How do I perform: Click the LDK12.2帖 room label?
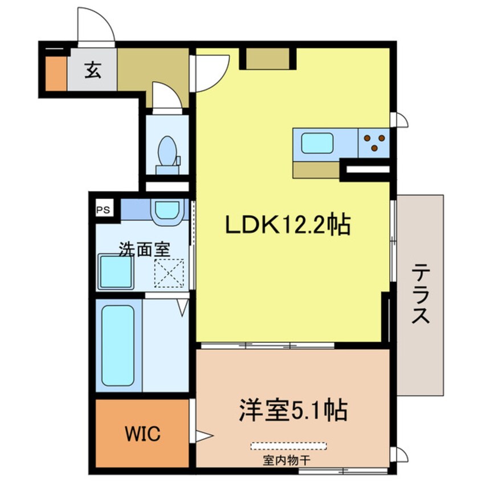coord(288,224)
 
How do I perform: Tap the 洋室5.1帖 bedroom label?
coord(293,410)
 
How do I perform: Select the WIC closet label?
coord(142,434)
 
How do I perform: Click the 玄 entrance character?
coord(92,70)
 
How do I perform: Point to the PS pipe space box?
coord(103,210)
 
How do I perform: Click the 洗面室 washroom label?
coord(144,249)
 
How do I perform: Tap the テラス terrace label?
coord(420,293)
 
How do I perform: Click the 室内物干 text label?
coord(286,460)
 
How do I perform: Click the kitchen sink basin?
coord(317,143)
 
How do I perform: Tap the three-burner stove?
coord(374,143)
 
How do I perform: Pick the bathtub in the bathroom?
coord(118,345)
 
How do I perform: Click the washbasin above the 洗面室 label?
coord(167,210)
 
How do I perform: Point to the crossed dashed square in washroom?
coord(169,273)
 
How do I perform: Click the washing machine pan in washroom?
coord(116,272)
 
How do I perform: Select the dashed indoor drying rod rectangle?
coord(289,446)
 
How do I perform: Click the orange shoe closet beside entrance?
coord(56,73)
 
